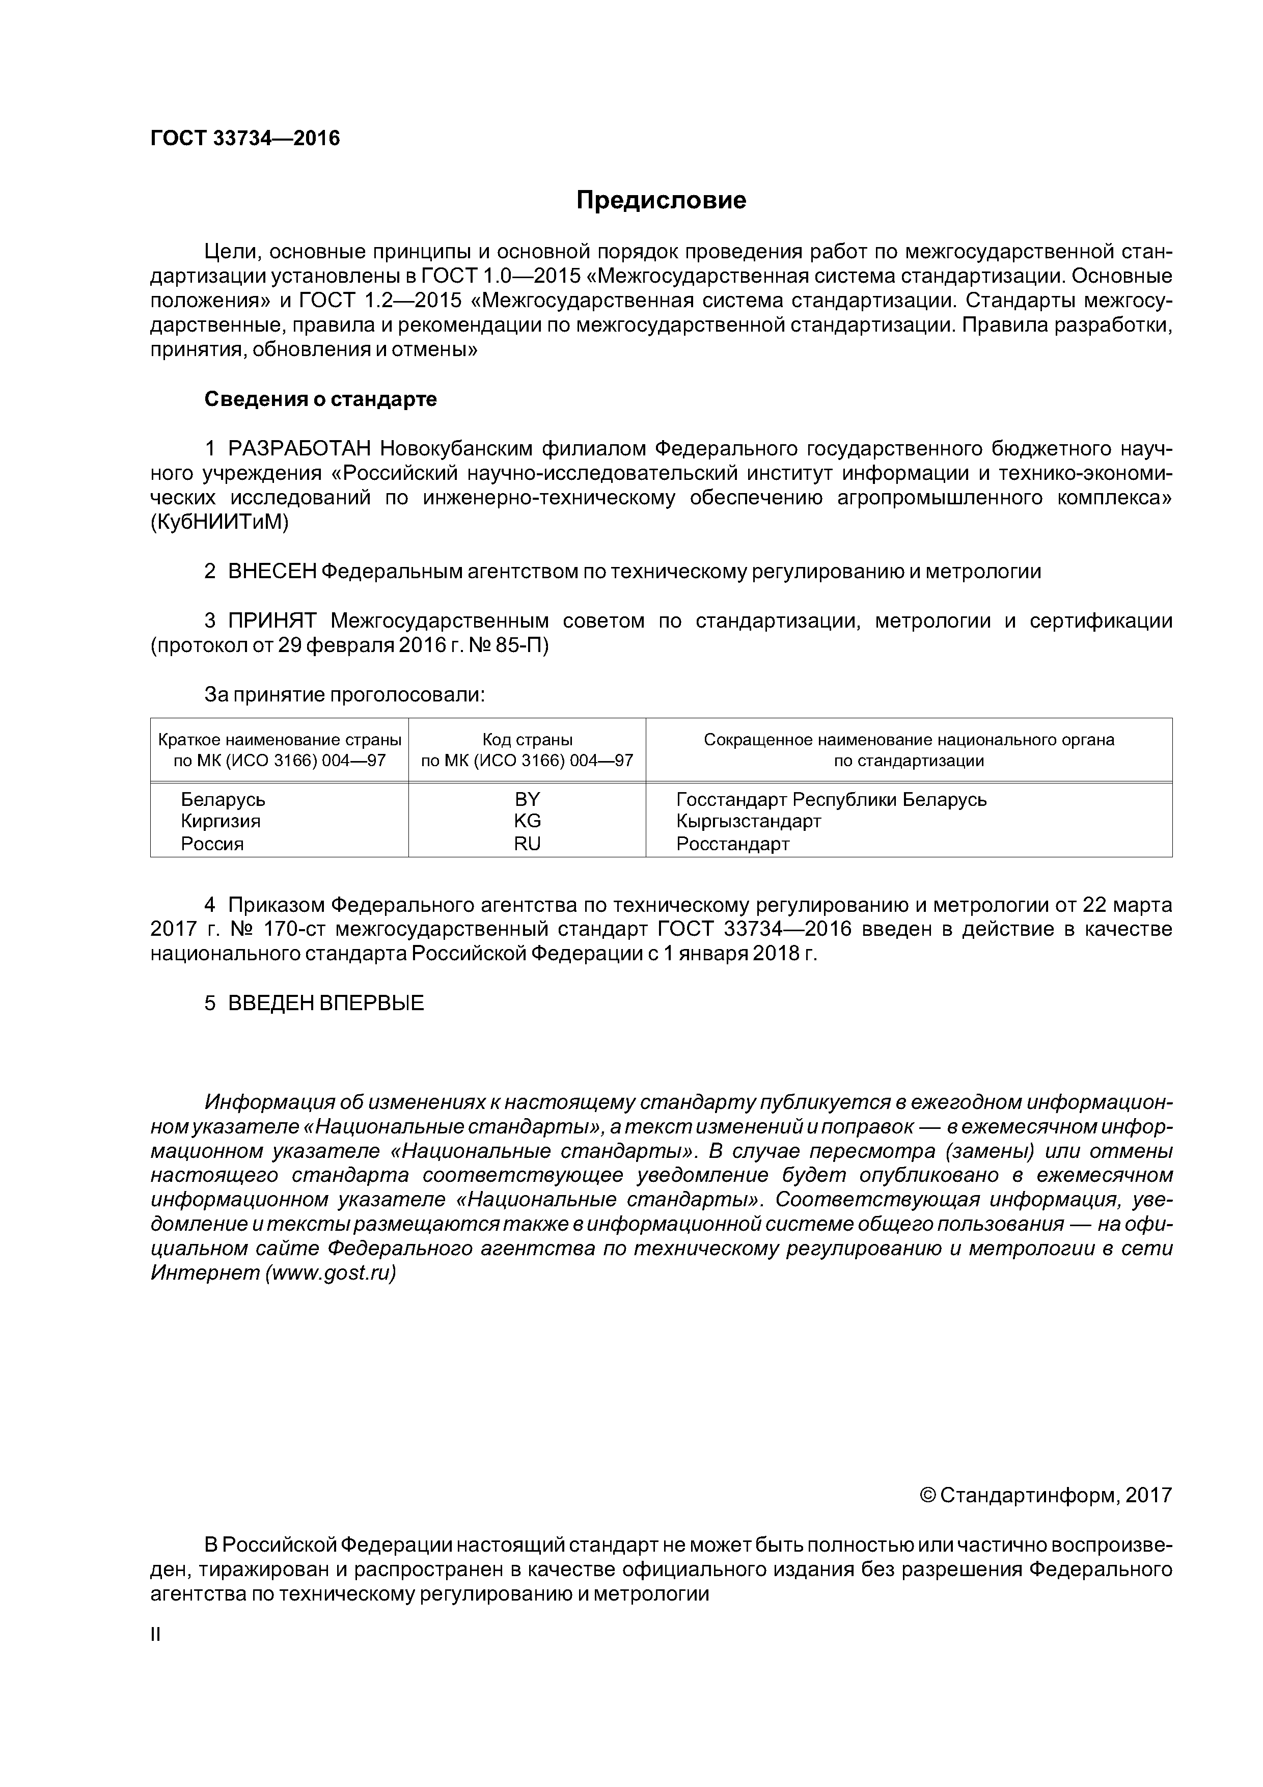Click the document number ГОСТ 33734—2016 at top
pos(245,139)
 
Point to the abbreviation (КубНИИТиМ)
pos(219,523)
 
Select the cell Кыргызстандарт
pos(749,821)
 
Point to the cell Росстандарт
pos(732,844)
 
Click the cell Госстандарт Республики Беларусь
pos(831,799)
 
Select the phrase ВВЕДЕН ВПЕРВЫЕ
pos(326,1003)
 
